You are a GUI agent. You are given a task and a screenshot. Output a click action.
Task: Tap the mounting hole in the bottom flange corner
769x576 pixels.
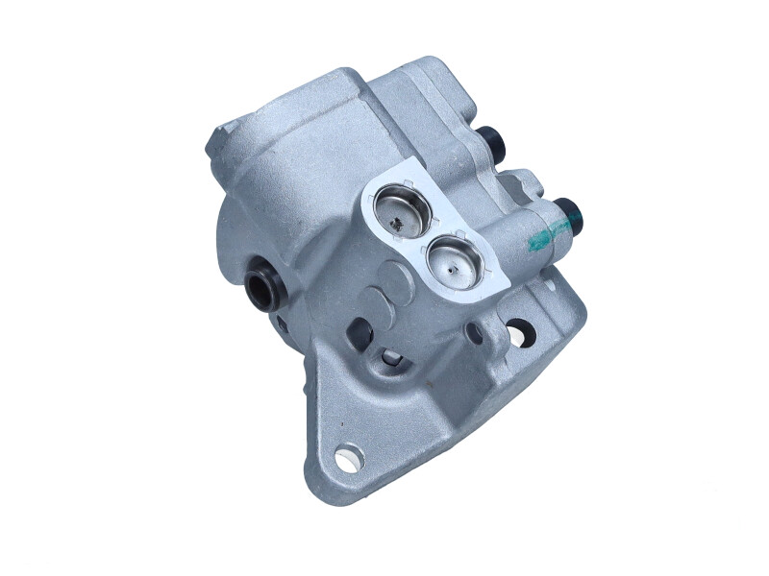pos(344,457)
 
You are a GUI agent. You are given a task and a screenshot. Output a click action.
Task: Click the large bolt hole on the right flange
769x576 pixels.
pos(519,331)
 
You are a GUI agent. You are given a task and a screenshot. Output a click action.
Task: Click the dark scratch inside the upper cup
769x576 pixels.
pos(398,222)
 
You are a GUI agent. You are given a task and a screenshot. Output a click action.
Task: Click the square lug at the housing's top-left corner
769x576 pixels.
pos(227,139)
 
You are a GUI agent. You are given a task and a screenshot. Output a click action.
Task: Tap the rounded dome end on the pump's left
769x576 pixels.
pos(231,240)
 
